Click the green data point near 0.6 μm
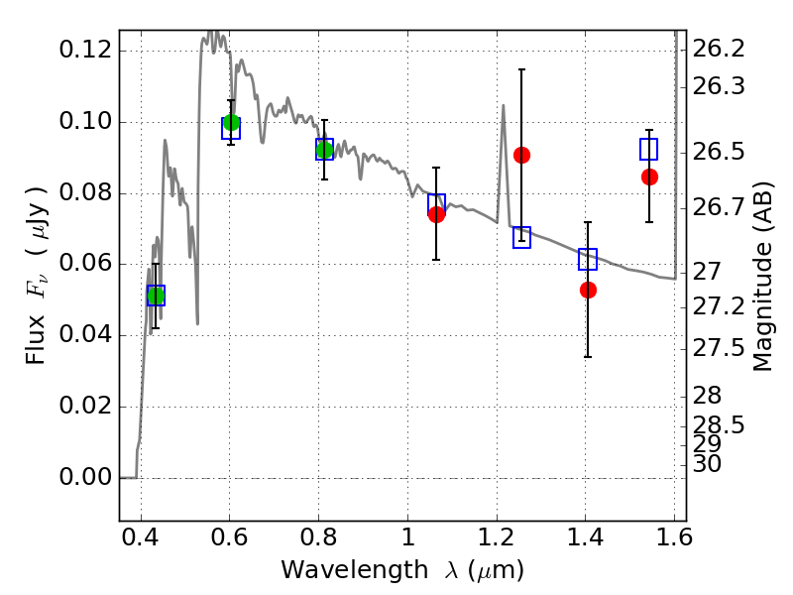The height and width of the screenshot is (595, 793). click(231, 122)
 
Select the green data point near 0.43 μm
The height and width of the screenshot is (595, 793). click(156, 296)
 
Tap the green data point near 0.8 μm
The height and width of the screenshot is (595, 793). click(324, 151)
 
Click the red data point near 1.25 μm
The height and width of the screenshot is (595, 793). click(522, 156)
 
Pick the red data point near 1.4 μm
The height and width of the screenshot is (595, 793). click(588, 290)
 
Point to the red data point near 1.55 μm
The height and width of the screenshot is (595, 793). click(649, 178)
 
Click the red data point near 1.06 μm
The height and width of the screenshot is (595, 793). click(436, 214)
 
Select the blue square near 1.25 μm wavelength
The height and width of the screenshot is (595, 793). click(522, 237)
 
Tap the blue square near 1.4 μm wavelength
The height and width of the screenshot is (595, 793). click(588, 259)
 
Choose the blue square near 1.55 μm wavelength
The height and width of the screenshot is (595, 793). click(648, 150)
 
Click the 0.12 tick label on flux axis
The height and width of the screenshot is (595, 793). click(85, 50)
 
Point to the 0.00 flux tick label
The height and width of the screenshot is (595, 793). click(85, 477)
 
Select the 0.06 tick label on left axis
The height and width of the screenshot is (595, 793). click(85, 263)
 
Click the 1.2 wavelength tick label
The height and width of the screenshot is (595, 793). click(497, 536)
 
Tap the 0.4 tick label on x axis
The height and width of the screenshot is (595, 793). click(141, 536)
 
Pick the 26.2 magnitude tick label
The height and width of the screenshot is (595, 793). click(718, 49)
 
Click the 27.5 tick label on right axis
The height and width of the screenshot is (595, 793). click(718, 349)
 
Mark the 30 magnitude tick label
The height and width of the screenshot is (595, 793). click(707, 464)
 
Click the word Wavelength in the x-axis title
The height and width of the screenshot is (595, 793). click(355, 570)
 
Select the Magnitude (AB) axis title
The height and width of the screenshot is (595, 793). click(762, 277)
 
